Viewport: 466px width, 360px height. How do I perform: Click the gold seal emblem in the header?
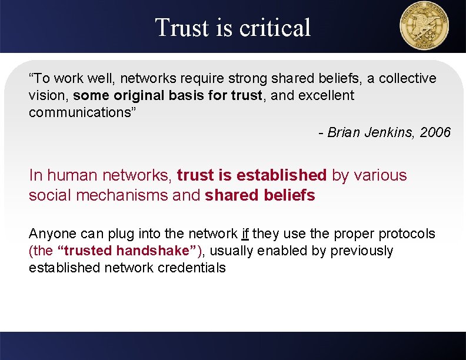pyautogui.click(x=424, y=26)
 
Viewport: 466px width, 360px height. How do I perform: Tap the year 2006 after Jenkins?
pyautogui.click(x=435, y=132)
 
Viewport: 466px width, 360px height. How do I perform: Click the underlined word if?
pyautogui.click(x=245, y=234)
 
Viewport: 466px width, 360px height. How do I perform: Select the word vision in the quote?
pyautogui.click(x=47, y=95)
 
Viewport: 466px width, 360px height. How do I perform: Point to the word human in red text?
pyautogui.click(x=72, y=175)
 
